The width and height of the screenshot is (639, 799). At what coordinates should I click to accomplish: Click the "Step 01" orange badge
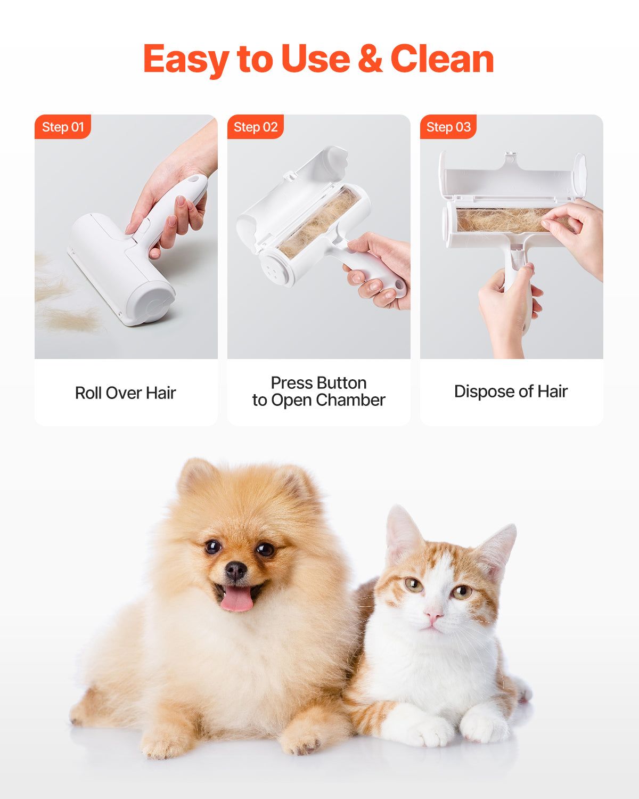tap(63, 127)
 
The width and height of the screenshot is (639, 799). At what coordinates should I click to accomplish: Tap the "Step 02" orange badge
tap(256, 127)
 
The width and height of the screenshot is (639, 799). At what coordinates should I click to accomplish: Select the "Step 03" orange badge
tap(448, 127)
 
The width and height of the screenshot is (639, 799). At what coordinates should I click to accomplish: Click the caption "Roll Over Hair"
tap(126, 393)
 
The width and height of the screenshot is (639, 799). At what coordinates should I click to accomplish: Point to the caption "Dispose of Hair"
tap(511, 392)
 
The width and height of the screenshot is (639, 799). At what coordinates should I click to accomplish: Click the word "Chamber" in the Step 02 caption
tap(352, 401)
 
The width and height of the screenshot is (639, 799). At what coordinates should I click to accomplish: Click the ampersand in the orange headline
tap(370, 59)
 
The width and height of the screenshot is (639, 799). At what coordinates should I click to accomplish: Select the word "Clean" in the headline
tap(442, 59)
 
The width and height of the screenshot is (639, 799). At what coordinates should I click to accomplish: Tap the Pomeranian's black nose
tap(235, 570)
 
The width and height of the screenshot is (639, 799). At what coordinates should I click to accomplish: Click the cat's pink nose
tap(433, 616)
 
